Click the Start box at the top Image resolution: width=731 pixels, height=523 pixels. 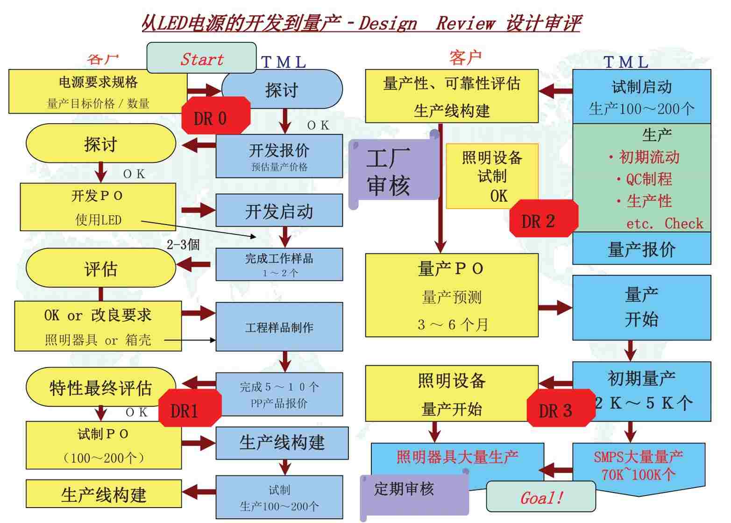201,58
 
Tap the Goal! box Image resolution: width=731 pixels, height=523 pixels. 541,497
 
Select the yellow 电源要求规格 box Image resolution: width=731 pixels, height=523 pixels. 98,92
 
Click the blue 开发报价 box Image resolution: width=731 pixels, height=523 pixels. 279,156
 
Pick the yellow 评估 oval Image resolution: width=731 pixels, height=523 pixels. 100,268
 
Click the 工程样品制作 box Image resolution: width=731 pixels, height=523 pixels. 279,327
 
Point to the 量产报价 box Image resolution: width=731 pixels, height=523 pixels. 641,249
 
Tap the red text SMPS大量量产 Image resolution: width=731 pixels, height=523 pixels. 638,456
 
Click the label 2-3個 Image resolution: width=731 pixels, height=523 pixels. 183,244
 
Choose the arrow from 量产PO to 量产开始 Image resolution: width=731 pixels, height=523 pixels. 555,307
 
